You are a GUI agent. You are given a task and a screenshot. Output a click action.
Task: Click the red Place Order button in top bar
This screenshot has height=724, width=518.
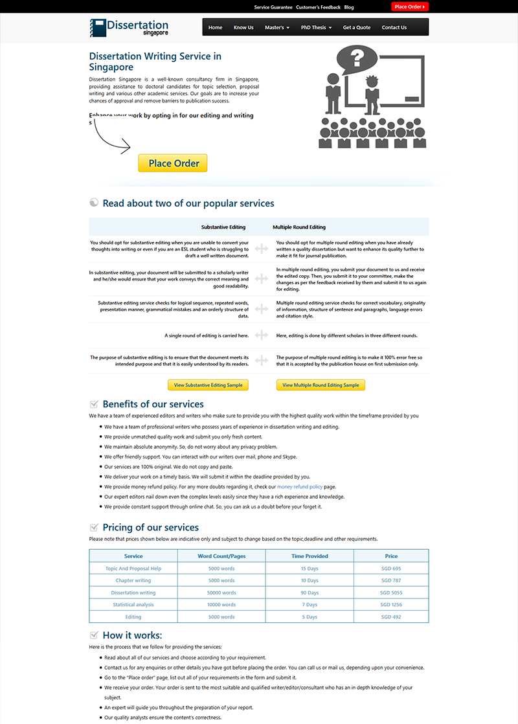click(x=410, y=7)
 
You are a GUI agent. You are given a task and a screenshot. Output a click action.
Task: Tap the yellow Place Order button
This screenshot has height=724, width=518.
click(x=173, y=163)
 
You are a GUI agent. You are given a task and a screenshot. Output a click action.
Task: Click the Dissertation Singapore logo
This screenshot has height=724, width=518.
click(x=129, y=28)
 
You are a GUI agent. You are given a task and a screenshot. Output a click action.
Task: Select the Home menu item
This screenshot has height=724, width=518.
click(x=216, y=28)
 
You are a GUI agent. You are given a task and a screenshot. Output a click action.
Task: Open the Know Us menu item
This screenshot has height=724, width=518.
click(x=243, y=28)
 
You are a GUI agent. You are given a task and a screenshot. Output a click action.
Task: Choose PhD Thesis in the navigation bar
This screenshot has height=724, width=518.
click(x=316, y=28)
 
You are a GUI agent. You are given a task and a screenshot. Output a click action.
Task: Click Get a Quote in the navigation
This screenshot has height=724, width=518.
click(x=357, y=28)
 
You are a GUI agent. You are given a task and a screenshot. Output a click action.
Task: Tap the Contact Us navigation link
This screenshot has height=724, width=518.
click(x=394, y=28)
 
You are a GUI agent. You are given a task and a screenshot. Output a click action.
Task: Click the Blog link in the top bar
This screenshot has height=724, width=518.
click(x=349, y=7)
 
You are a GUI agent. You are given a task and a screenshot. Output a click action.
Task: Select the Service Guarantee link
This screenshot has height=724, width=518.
click(x=273, y=7)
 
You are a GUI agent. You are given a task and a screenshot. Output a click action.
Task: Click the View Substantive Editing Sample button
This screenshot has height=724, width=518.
click(x=208, y=385)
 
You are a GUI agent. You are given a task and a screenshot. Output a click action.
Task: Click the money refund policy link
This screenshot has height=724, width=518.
click(x=300, y=486)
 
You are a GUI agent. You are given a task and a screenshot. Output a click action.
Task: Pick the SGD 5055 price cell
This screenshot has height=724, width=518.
click(x=391, y=593)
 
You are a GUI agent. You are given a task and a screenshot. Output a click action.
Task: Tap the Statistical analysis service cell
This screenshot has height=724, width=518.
click(x=133, y=605)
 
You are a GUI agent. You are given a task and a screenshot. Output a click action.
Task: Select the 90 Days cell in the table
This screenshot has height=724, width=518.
click(x=310, y=593)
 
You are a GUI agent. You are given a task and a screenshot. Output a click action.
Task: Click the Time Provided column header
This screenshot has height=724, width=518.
click(x=310, y=556)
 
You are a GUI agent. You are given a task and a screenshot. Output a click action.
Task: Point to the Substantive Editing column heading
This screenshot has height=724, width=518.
click(x=223, y=227)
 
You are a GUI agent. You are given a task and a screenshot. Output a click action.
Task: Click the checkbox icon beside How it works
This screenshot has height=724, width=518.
click(x=95, y=635)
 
